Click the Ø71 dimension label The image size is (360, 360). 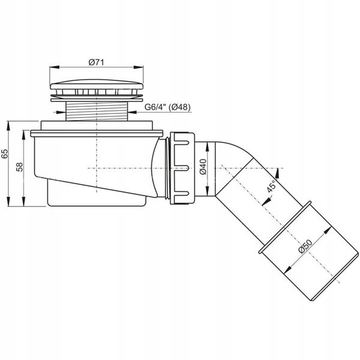[96, 62]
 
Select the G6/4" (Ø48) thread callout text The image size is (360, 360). [167, 107]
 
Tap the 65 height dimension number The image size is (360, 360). [5, 154]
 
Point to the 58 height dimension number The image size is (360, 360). [20, 167]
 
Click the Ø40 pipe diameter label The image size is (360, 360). [203, 167]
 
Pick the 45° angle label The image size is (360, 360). [271, 186]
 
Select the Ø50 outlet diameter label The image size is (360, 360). [305, 247]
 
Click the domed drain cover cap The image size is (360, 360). [97, 85]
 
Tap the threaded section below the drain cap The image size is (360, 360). [97, 112]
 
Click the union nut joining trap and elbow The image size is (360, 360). [182, 168]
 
